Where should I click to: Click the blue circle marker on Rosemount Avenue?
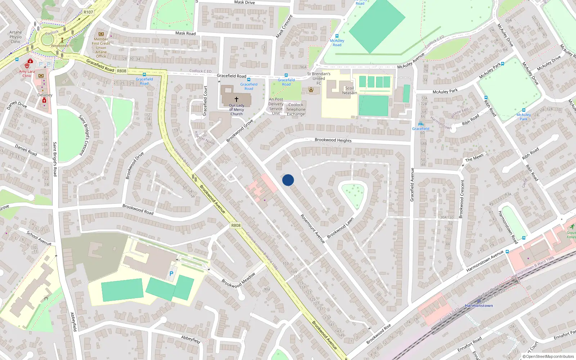(x=288, y=180)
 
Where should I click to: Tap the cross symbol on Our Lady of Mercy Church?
(x=237, y=99)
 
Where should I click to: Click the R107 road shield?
(x=88, y=12)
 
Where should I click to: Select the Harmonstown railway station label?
(x=479, y=306)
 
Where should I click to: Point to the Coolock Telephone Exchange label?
(x=296, y=109)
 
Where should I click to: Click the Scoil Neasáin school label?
(x=350, y=90)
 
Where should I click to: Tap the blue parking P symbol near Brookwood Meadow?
(x=171, y=274)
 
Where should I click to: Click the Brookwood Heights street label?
(x=333, y=140)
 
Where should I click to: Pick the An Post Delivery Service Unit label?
(x=276, y=106)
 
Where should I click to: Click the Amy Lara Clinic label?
(x=27, y=73)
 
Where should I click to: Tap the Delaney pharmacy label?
(x=45, y=95)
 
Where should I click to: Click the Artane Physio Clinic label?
(x=15, y=37)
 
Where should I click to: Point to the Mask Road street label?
(x=185, y=33)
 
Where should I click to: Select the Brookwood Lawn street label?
(x=340, y=228)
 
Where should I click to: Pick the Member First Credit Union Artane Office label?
(x=101, y=48)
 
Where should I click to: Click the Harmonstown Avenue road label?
(x=485, y=261)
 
